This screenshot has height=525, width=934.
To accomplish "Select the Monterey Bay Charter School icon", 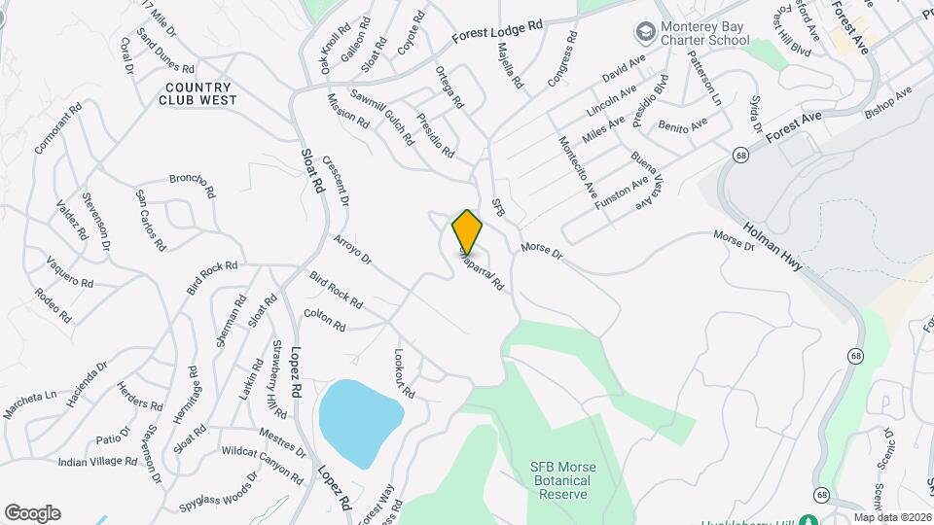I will click(x=644, y=33).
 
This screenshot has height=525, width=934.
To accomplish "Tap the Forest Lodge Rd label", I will click(x=496, y=33).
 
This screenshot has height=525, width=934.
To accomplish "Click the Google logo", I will click(x=32, y=513).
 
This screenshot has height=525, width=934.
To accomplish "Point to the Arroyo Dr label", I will click(x=352, y=249).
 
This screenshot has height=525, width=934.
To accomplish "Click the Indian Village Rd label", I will click(x=99, y=461).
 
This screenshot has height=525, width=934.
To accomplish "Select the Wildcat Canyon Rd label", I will click(x=263, y=461).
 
